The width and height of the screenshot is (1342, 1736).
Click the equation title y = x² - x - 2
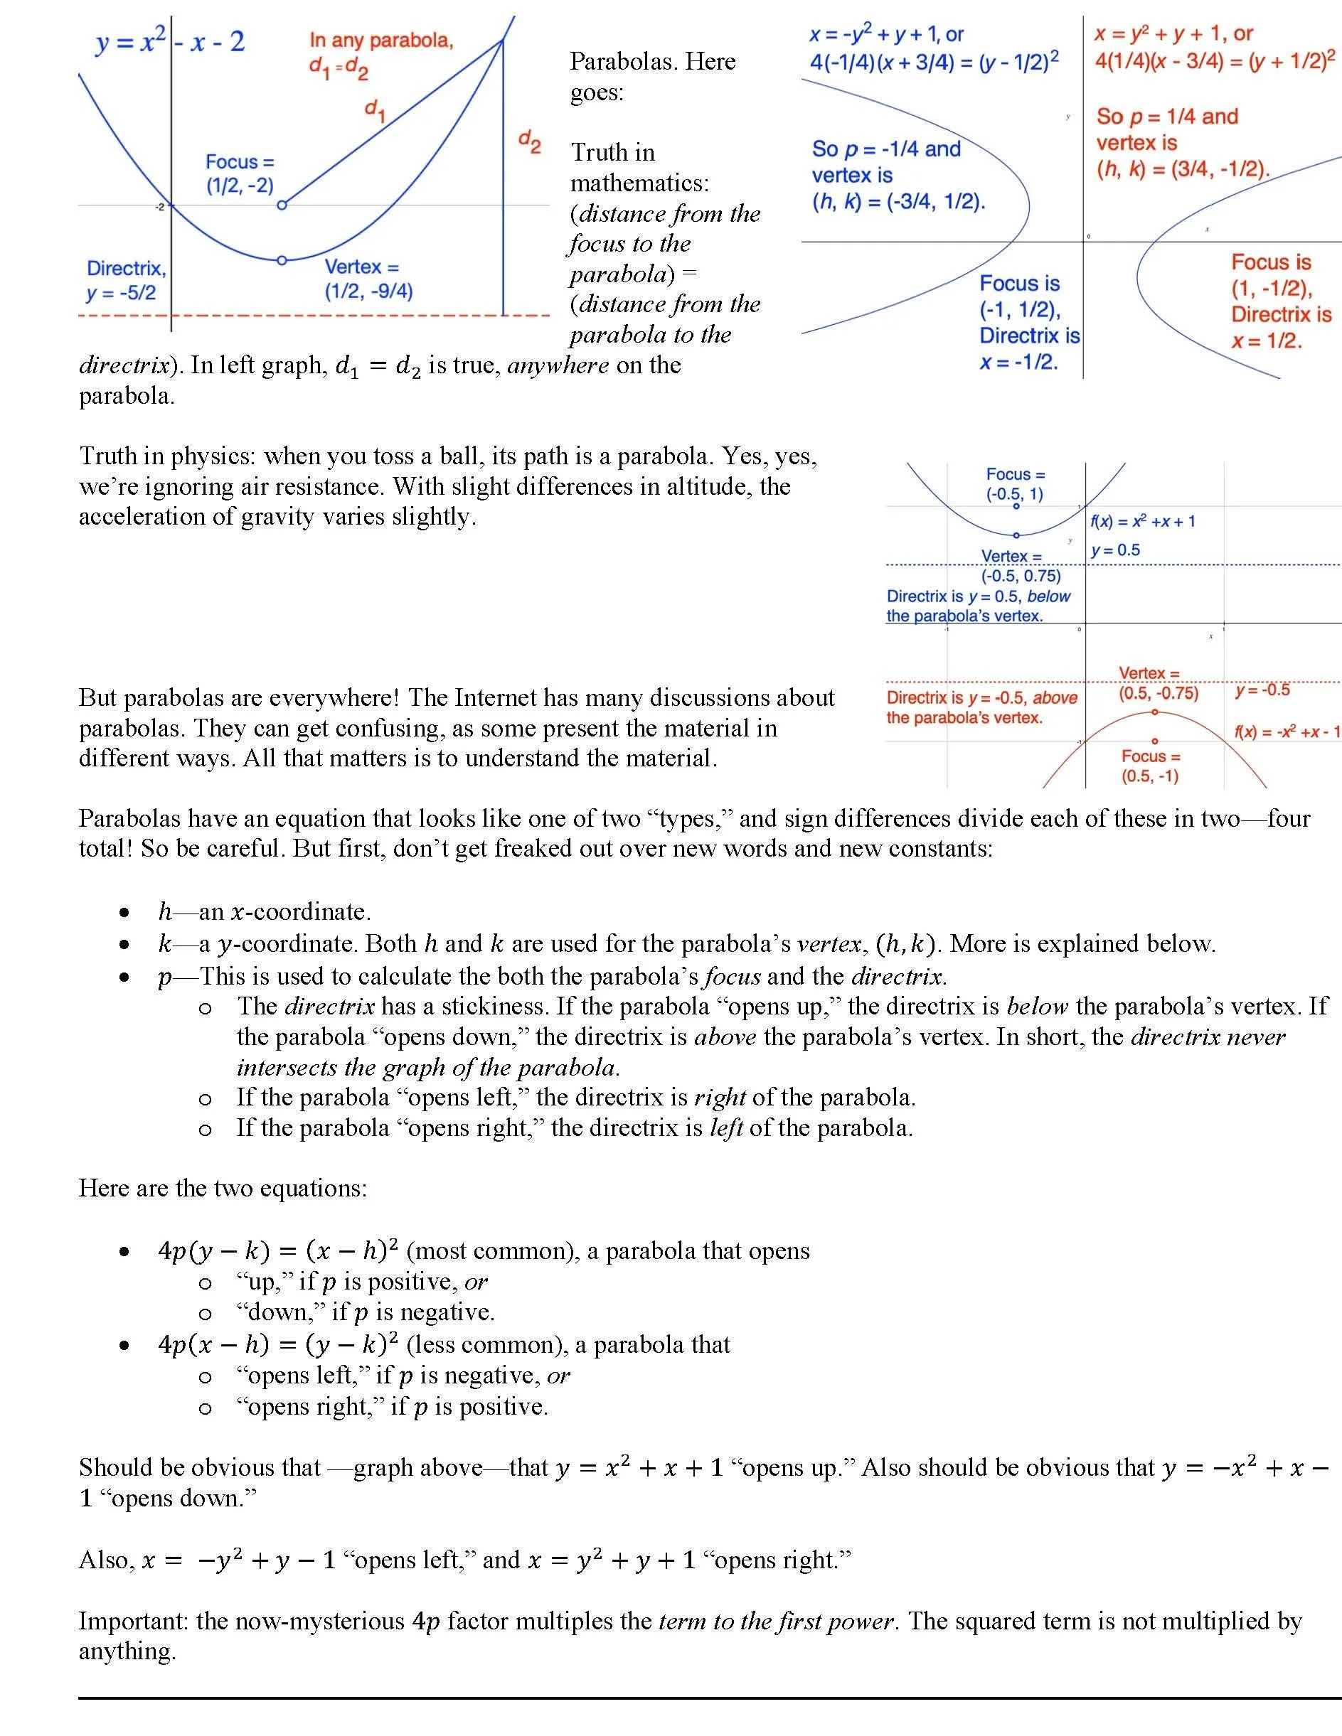pyautogui.click(x=170, y=41)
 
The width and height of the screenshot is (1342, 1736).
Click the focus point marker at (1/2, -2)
pyautogui.click(x=282, y=205)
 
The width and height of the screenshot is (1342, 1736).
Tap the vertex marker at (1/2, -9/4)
pyautogui.click(x=282, y=260)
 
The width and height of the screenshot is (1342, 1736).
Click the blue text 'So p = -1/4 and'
pyautogui.click(x=885, y=149)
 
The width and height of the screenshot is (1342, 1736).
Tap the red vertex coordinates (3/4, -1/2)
pyautogui.click(x=1182, y=169)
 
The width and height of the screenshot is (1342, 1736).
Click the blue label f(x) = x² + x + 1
pyautogui.click(x=1142, y=521)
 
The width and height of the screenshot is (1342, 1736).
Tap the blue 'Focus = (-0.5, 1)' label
pyautogui.click(x=1016, y=484)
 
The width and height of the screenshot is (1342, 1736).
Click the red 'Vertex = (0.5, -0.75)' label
pyautogui.click(x=1157, y=684)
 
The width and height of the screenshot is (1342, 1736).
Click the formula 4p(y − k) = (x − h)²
pyautogui.click(x=277, y=1251)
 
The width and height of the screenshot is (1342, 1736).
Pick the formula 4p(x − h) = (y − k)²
pyautogui.click(x=277, y=1345)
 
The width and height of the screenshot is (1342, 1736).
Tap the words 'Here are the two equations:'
pyautogui.click(x=223, y=1189)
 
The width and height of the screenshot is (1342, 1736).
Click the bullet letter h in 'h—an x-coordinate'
pyautogui.click(x=166, y=911)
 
